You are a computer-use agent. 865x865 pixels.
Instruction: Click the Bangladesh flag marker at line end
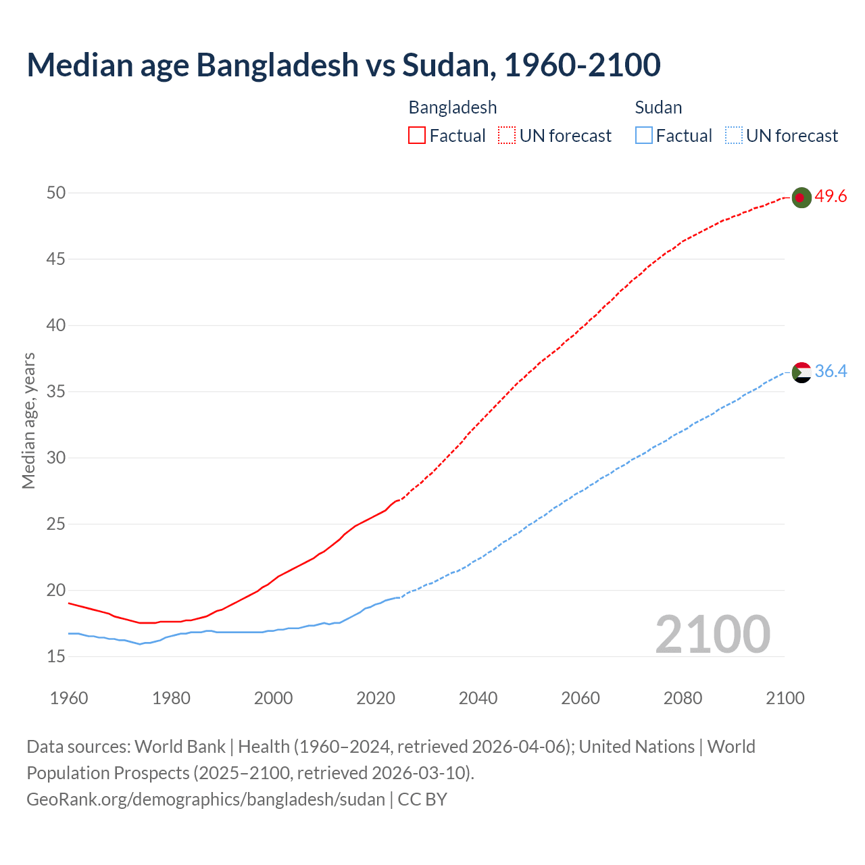(x=801, y=197)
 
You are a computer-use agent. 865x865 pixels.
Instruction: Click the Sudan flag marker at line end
(x=801, y=372)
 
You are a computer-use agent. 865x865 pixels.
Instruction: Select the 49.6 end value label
(x=831, y=197)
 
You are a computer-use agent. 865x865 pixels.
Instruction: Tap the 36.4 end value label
(x=831, y=372)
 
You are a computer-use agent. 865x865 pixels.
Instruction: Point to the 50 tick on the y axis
(x=56, y=193)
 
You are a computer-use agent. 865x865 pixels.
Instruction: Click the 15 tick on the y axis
(x=56, y=656)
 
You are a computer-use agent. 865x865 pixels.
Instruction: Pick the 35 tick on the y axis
(x=56, y=392)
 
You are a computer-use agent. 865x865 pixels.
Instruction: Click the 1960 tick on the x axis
(x=69, y=698)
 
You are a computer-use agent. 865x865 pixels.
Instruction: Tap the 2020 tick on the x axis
(x=376, y=698)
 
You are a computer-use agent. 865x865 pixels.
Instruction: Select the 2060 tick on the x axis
(x=580, y=698)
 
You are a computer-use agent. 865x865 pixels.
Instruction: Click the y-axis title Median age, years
(x=28, y=420)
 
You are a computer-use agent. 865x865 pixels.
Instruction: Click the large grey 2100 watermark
(x=712, y=635)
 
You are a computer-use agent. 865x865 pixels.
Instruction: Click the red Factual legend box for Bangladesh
(x=417, y=136)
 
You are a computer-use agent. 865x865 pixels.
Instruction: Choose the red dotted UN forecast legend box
(x=507, y=136)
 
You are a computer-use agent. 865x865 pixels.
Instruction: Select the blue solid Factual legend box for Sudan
(x=643, y=136)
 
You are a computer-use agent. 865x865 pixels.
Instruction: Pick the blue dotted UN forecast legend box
(x=733, y=136)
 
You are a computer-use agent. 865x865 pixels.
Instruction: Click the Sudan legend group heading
(x=658, y=107)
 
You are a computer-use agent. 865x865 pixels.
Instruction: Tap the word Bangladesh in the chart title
(x=277, y=65)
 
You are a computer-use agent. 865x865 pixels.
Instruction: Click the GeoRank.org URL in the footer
(x=205, y=799)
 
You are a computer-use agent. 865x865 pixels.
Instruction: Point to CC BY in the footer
(x=422, y=799)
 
